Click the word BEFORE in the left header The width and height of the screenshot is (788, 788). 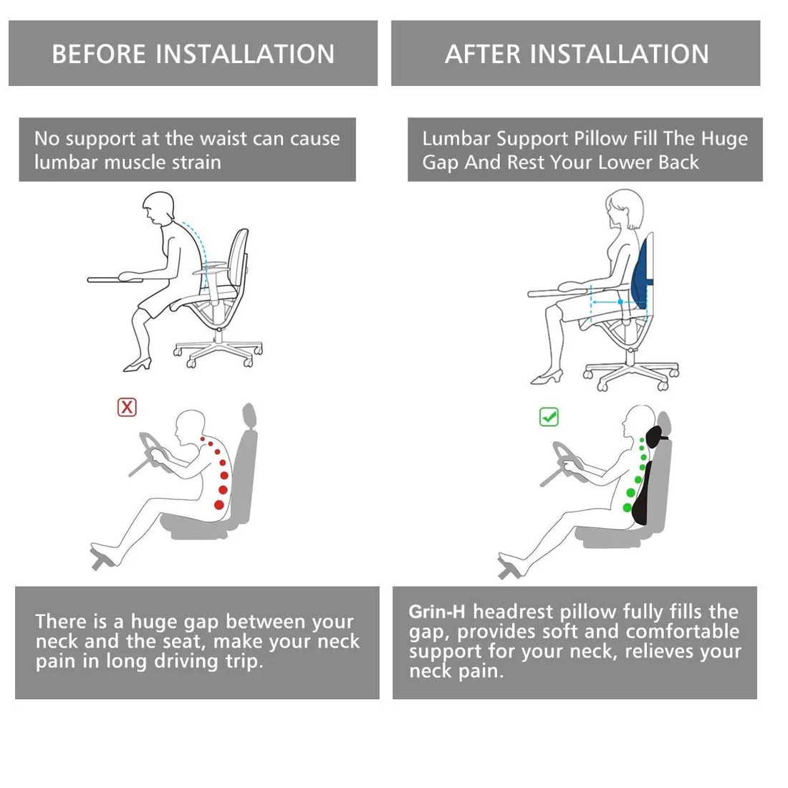(x=99, y=54)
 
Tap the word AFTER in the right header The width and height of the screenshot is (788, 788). (x=482, y=54)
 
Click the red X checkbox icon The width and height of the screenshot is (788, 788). (x=127, y=407)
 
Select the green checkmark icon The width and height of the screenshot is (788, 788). (x=549, y=417)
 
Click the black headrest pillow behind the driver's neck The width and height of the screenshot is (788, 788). (x=654, y=437)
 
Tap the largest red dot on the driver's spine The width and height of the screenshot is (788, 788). (x=219, y=504)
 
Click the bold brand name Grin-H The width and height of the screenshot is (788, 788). (x=437, y=612)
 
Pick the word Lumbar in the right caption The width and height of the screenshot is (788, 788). (x=456, y=139)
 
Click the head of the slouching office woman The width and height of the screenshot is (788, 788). (x=158, y=207)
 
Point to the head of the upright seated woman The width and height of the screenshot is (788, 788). (x=624, y=209)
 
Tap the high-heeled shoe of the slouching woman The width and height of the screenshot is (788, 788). (x=138, y=365)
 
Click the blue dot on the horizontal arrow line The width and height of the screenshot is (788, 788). (x=620, y=302)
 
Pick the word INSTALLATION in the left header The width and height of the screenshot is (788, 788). (x=245, y=54)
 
